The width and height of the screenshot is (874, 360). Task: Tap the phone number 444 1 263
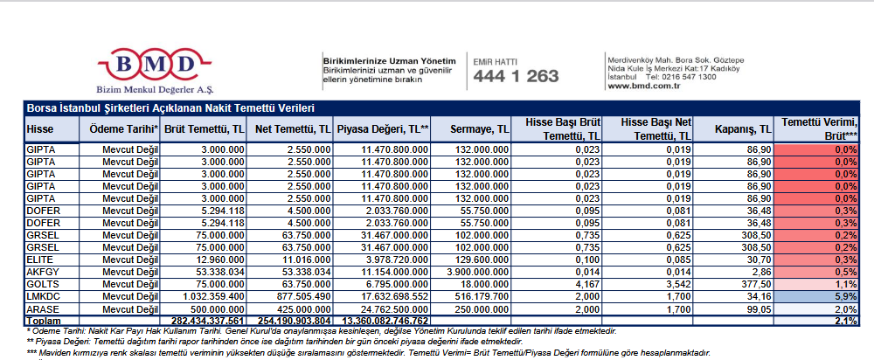pos(516,77)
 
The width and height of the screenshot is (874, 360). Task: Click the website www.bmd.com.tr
pos(643,86)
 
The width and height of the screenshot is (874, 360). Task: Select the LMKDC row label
pos(43,297)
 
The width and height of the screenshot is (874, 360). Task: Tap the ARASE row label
pos(43,309)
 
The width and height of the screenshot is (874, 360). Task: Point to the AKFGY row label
pos(43,273)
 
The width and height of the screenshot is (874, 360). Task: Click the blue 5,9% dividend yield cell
pos(818,297)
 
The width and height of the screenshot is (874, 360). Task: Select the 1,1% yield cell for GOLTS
pos(818,285)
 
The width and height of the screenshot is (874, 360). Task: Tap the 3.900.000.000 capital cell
pos(472,273)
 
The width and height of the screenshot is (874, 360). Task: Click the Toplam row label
pos(44,321)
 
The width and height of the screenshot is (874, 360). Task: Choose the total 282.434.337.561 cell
pos(204,321)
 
